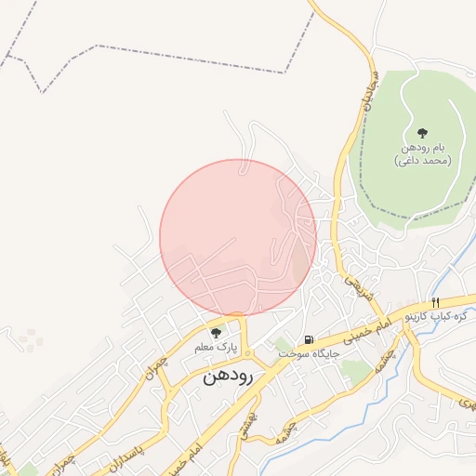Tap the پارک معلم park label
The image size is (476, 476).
point(217,347)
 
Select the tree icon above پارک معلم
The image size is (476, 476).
point(217,332)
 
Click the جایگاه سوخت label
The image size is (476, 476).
point(305,354)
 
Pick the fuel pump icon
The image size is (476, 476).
point(308,339)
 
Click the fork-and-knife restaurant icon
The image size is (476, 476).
point(435,302)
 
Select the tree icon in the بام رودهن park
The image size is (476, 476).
point(423,133)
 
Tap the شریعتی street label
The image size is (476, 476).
point(352,282)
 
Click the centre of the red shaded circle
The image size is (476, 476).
point(238,237)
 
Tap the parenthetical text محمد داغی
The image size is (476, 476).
point(423,161)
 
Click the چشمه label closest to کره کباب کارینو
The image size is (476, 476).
point(392,357)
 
